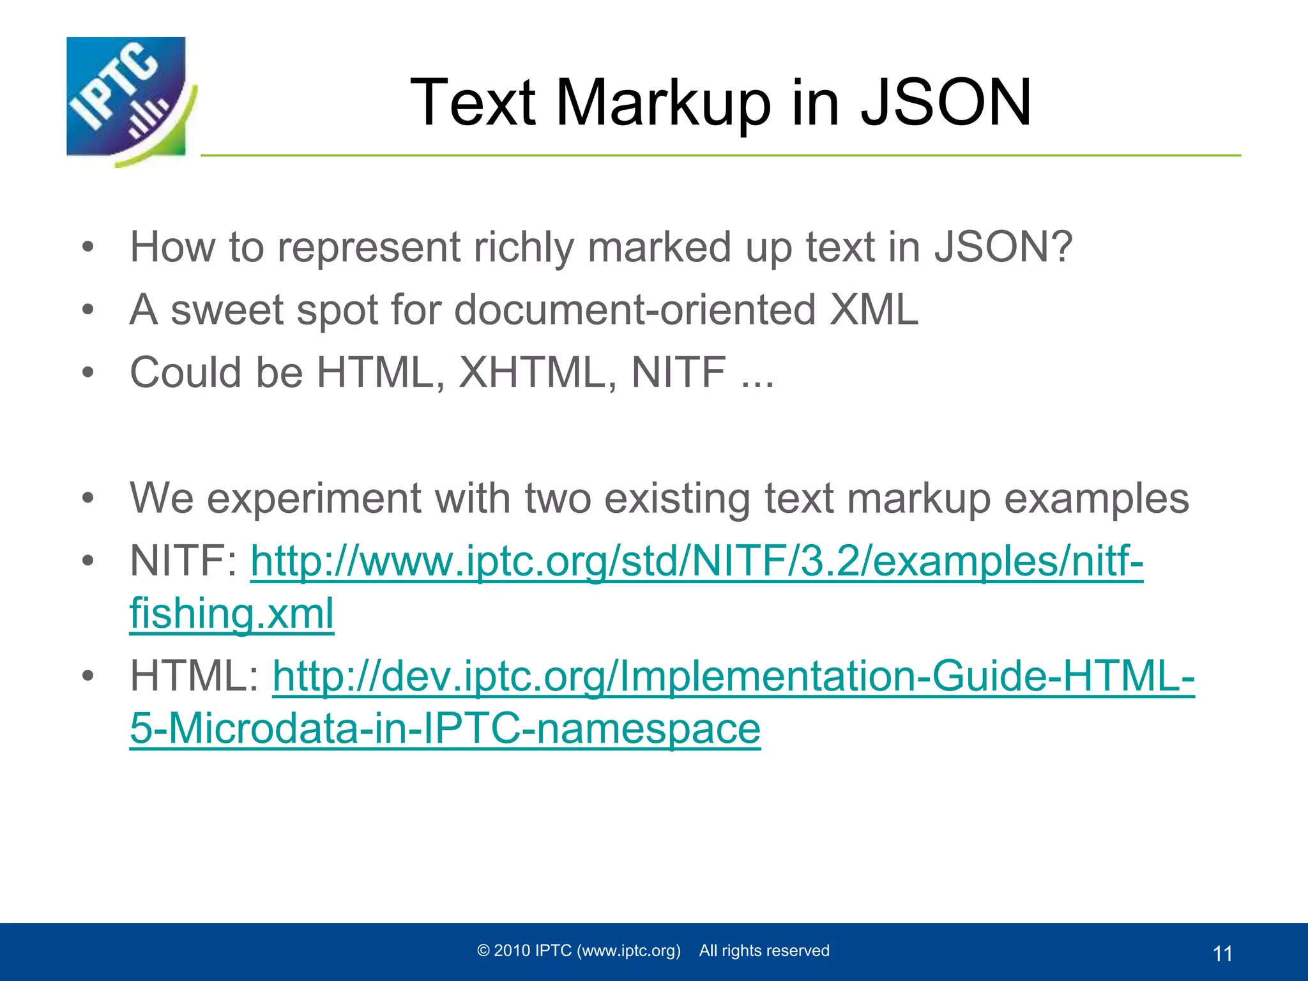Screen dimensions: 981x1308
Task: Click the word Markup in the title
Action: (664, 102)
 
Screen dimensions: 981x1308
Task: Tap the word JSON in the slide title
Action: (946, 102)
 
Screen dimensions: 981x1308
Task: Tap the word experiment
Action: (314, 498)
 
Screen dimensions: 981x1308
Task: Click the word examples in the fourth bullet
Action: (1096, 498)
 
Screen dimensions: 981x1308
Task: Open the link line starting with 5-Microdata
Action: (445, 728)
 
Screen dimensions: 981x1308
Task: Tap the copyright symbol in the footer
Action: (483, 951)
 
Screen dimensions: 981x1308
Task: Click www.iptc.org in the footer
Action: (628, 951)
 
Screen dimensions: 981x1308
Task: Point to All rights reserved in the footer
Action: (764, 951)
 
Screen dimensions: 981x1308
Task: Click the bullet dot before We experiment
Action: (88, 498)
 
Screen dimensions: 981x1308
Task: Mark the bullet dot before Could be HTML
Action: (88, 372)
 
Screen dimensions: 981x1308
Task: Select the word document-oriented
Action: (635, 310)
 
